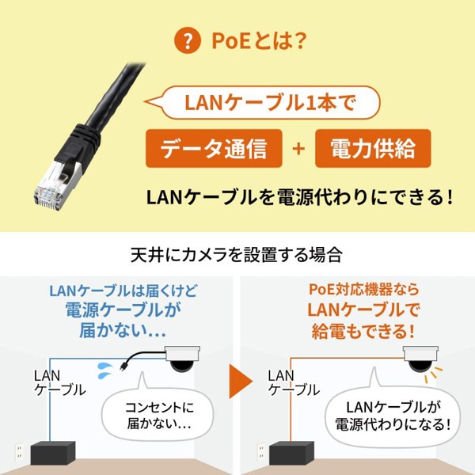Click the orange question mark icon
188,40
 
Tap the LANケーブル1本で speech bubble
260,103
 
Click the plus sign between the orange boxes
298,148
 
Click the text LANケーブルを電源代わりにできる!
299,196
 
